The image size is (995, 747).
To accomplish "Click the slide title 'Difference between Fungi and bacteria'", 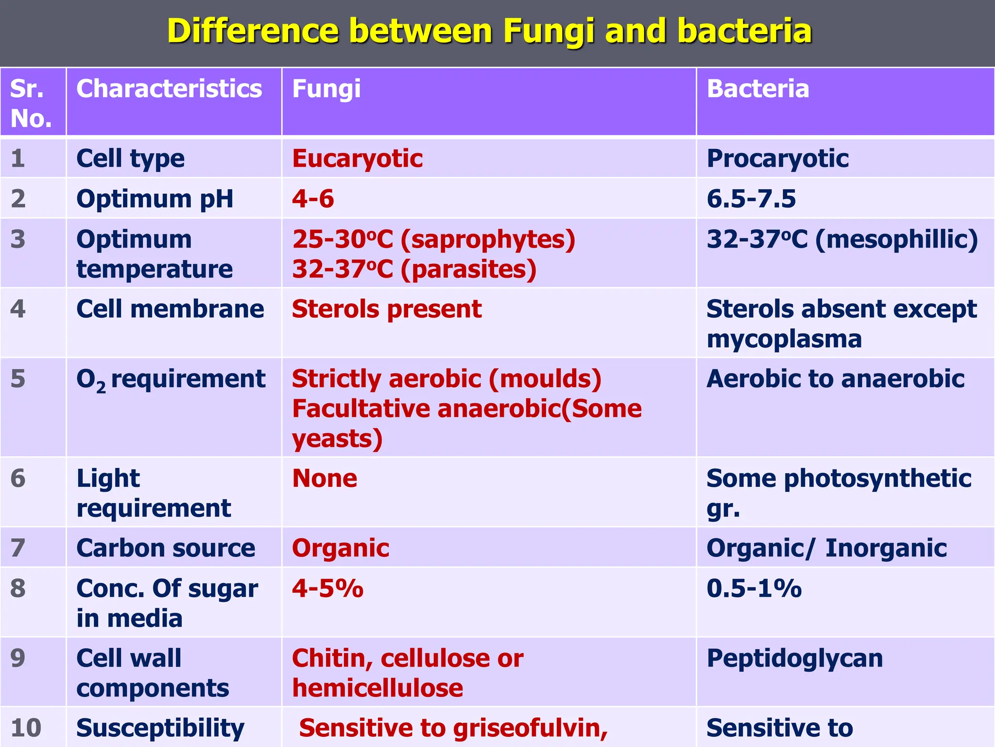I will (x=489, y=31).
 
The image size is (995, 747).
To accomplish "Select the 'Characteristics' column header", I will (x=169, y=89).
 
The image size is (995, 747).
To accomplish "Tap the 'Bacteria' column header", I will (x=757, y=89).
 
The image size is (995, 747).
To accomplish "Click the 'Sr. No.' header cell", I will (x=31, y=103).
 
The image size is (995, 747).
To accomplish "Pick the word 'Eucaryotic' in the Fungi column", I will (x=357, y=159).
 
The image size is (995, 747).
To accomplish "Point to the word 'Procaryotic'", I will (x=777, y=159).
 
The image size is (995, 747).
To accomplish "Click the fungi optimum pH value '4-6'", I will (x=313, y=199).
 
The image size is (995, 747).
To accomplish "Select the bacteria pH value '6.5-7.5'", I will (x=751, y=199).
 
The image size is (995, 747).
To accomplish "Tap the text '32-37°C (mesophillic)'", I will (x=842, y=239).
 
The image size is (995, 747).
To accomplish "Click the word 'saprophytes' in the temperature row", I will (x=488, y=239).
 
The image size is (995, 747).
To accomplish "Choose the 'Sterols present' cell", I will (x=387, y=309).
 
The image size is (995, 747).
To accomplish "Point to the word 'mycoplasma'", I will (x=784, y=339).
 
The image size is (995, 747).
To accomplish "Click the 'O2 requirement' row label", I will (x=171, y=379).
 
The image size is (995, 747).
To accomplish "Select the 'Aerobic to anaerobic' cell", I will (x=835, y=379).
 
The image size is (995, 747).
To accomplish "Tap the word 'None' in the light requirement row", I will (x=325, y=479).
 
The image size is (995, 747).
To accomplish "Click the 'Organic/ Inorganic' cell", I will (x=826, y=548).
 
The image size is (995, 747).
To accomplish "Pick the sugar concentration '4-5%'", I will (x=327, y=588).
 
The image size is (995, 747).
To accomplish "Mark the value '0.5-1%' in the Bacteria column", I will (x=754, y=588).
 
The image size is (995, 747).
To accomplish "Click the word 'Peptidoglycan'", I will (x=794, y=658).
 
